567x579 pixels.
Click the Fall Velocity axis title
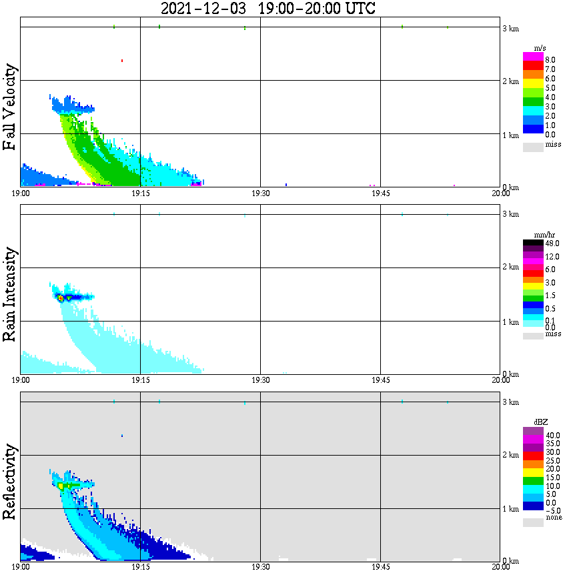tap(10, 107)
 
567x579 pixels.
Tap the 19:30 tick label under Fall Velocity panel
tap(260, 193)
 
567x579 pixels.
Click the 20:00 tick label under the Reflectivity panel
tap(500, 567)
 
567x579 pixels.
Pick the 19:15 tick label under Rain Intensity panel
tap(140, 380)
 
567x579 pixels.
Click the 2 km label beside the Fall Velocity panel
tap(510, 81)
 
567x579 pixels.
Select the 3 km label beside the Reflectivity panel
tap(510, 402)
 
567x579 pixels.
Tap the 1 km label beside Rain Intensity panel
tap(510, 322)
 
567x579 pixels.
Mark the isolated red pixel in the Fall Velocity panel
tap(122, 61)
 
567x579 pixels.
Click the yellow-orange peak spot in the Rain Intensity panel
tap(61, 298)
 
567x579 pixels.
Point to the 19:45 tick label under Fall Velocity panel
tap(380, 193)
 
